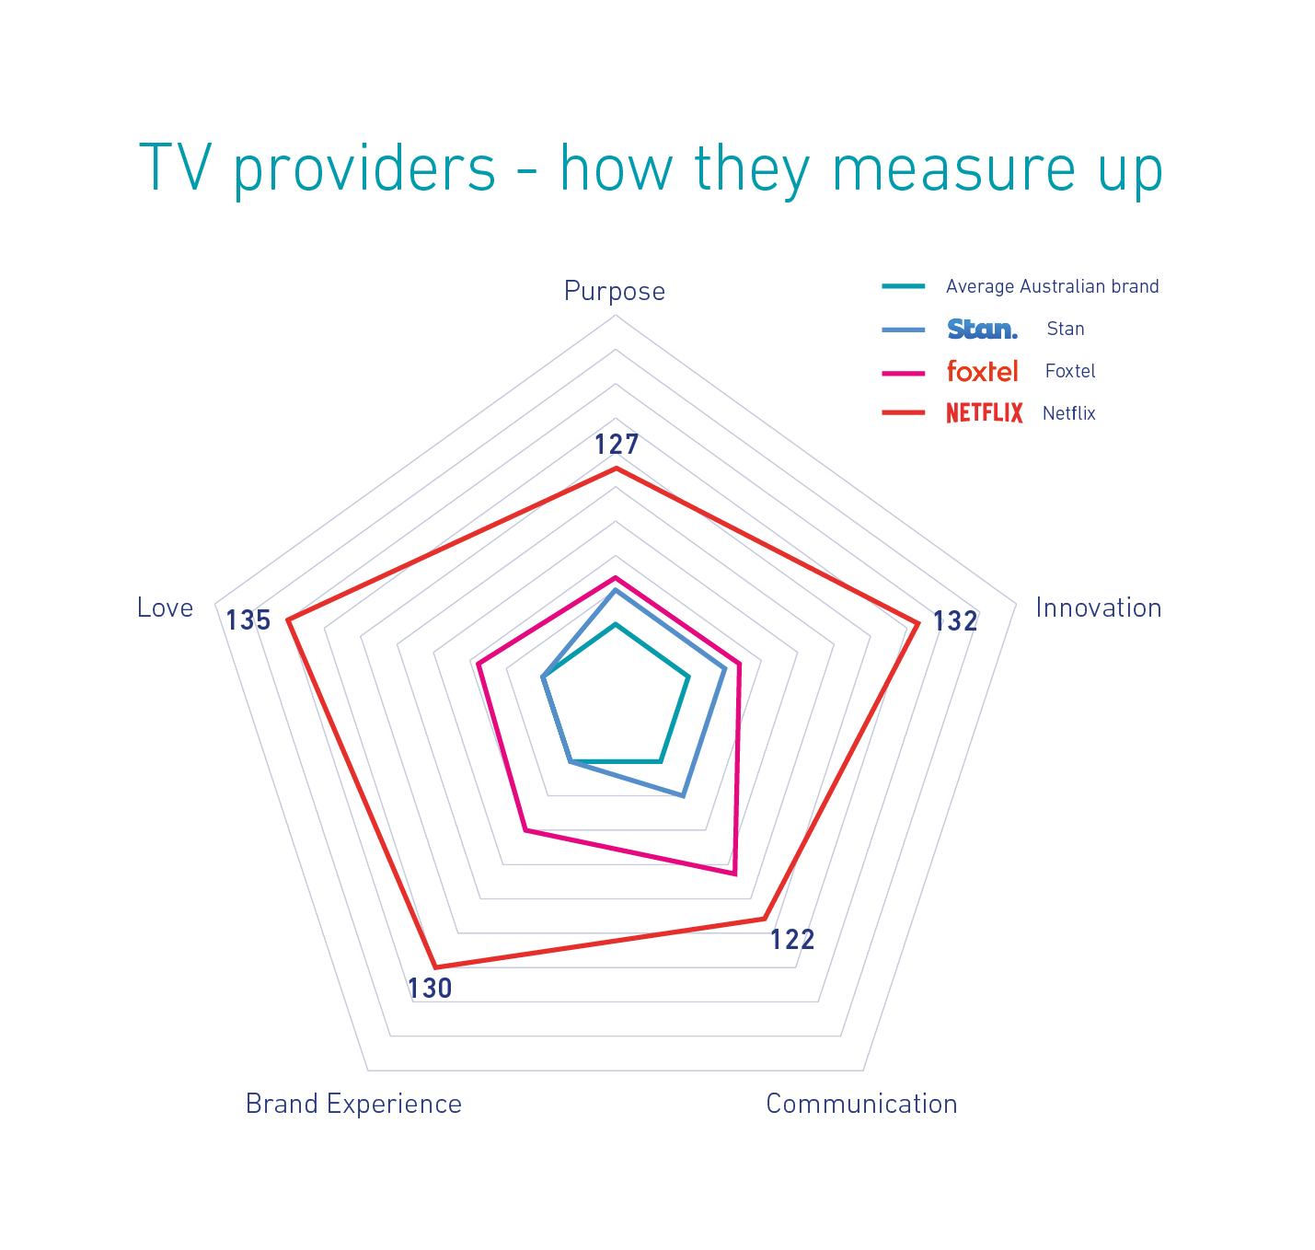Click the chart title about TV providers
click(651, 169)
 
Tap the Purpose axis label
click(615, 292)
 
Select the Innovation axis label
click(1098, 608)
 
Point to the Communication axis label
click(861, 1104)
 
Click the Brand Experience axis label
click(353, 1104)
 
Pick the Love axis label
click(166, 608)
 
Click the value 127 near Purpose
click(616, 445)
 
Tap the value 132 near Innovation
click(955, 622)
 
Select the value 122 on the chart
click(792, 940)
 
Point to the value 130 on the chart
click(430, 989)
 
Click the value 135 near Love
click(248, 620)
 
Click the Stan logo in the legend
click(982, 330)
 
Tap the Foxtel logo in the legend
click(982, 372)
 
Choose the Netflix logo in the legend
click(984, 413)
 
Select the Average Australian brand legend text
click(1052, 287)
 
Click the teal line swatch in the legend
click(903, 287)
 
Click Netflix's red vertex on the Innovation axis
click(917, 625)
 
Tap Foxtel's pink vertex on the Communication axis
click(734, 874)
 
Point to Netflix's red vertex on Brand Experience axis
click(434, 967)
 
